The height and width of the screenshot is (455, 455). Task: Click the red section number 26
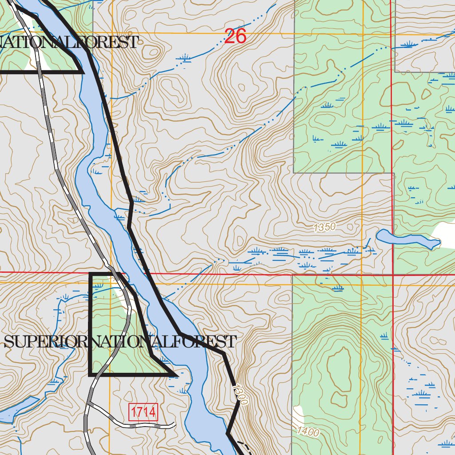point(235,36)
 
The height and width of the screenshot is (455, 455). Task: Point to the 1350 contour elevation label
point(324,227)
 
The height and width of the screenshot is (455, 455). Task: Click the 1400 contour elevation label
point(308,431)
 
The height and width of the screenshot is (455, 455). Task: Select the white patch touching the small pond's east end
point(447,233)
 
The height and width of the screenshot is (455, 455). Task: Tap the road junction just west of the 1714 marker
point(89,403)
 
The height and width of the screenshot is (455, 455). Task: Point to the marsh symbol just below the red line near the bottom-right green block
point(338,288)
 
